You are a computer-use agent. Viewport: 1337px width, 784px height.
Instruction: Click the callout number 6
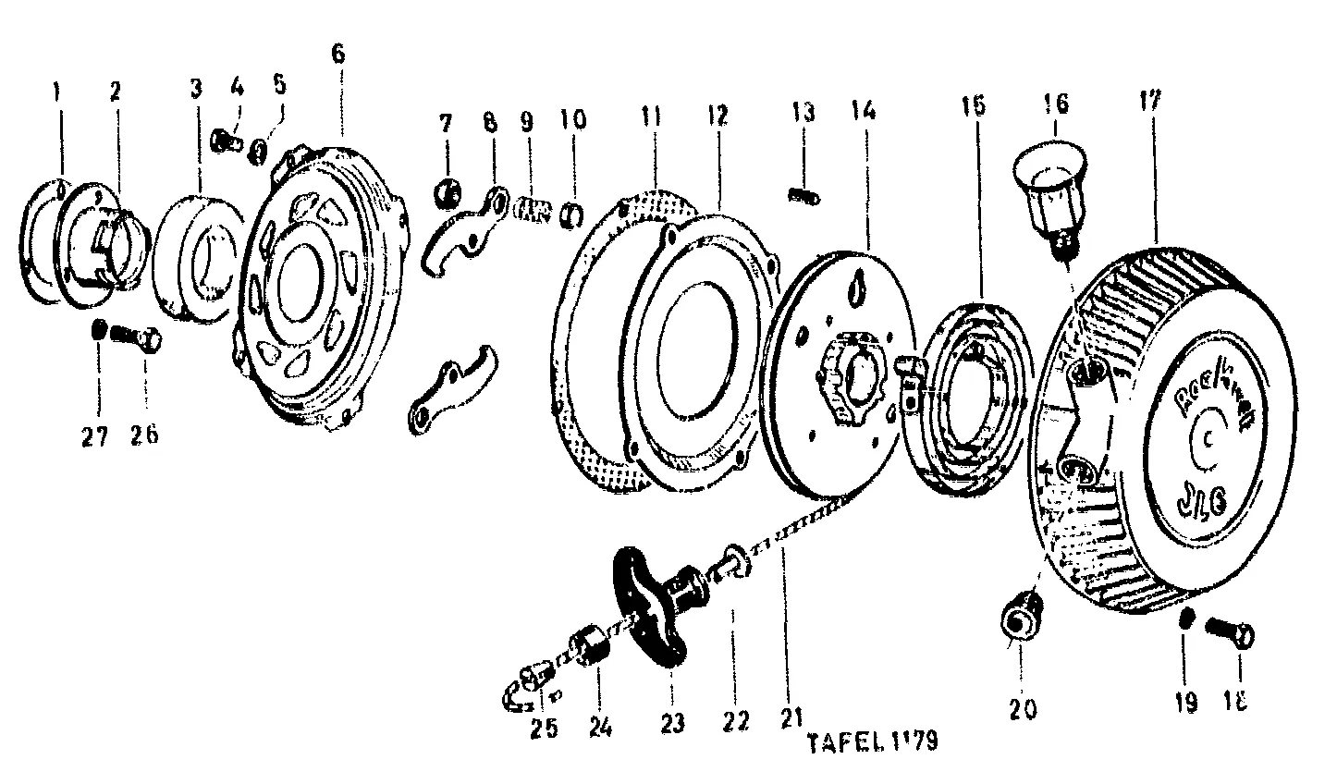pos(337,54)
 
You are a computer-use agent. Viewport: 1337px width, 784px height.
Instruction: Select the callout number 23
pos(672,724)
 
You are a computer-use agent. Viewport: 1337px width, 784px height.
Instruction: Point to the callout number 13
pos(803,114)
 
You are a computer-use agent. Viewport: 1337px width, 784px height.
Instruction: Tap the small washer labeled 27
pos(99,330)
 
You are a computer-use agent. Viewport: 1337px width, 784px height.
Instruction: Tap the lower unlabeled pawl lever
pos(448,390)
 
